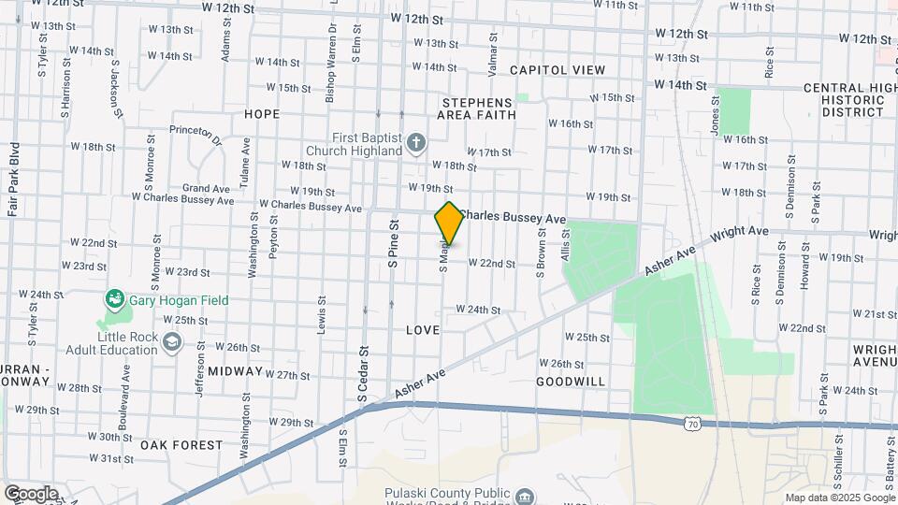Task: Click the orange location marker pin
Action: [449, 224]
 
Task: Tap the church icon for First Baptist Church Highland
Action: [417, 143]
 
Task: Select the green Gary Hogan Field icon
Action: [115, 300]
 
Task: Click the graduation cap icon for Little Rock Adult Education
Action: [171, 342]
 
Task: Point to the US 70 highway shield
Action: [691, 424]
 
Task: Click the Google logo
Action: [30, 494]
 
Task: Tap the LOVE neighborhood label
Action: [423, 330]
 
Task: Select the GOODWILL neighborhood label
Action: [571, 382]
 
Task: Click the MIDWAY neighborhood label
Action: [235, 371]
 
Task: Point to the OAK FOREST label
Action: [181, 445]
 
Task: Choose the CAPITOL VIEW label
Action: [558, 70]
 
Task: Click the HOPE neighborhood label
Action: [262, 114]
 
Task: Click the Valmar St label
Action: [491, 47]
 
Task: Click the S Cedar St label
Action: [363, 374]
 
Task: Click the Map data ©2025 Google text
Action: [838, 498]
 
